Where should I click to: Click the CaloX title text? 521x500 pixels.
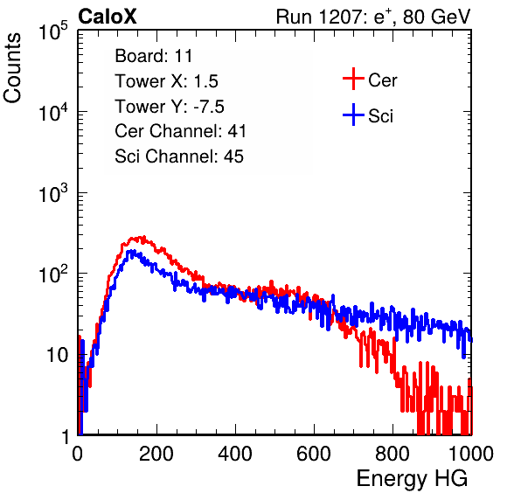108,17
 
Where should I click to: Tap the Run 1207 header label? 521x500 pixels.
373,17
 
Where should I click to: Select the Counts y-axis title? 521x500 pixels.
12,68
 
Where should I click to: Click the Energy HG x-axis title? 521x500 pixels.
412,479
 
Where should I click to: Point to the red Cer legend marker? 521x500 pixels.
353,79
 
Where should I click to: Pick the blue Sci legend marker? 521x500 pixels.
353,115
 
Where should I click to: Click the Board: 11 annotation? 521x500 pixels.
154,56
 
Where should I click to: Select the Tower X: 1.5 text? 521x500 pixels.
166,81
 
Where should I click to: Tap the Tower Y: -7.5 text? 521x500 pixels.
170,107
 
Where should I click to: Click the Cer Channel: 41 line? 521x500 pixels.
180,131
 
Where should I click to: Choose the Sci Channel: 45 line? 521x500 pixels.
179,156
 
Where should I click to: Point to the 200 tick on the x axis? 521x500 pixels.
156,454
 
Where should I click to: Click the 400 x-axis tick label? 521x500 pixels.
235,454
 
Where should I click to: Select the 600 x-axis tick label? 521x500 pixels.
314,454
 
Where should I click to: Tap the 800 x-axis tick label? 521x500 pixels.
392,454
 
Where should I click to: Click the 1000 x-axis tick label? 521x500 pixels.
471,454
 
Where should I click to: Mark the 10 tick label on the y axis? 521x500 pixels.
57,355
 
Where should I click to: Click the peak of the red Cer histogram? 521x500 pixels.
143,237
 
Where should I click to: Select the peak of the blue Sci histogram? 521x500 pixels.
132,251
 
